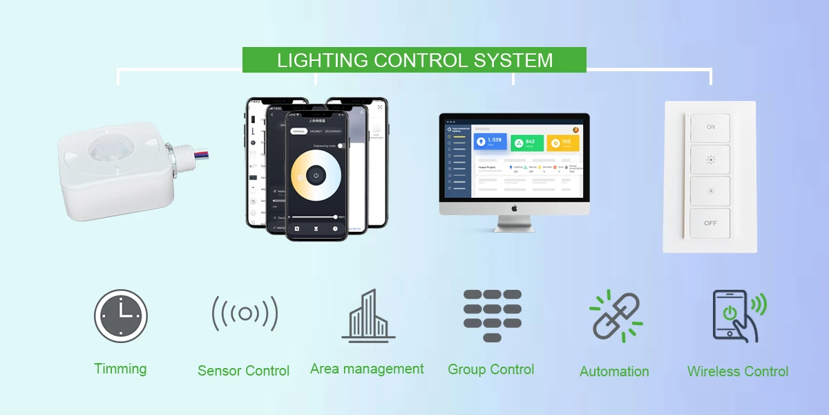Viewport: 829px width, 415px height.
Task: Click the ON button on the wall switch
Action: tap(710, 127)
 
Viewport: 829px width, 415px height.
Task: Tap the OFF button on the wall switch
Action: tap(710, 223)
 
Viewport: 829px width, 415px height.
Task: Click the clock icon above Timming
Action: tap(121, 315)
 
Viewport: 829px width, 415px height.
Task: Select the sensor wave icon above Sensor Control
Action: tap(245, 314)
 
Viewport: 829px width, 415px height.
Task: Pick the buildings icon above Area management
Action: tap(368, 315)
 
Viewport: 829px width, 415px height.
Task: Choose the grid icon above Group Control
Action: tap(492, 315)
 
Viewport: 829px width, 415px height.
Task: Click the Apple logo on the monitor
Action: tap(514, 207)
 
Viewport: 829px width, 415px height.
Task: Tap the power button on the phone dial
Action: tap(316, 175)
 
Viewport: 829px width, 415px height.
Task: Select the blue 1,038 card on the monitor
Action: tap(490, 142)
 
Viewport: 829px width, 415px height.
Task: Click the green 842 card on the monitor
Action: tap(526, 142)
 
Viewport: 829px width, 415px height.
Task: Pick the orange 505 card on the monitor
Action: tap(562, 142)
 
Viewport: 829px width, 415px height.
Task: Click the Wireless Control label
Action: tap(738, 371)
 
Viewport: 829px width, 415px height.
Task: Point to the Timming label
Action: tap(120, 369)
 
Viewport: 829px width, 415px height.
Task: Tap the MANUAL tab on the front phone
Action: tap(298, 131)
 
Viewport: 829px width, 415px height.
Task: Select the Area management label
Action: tap(367, 369)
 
